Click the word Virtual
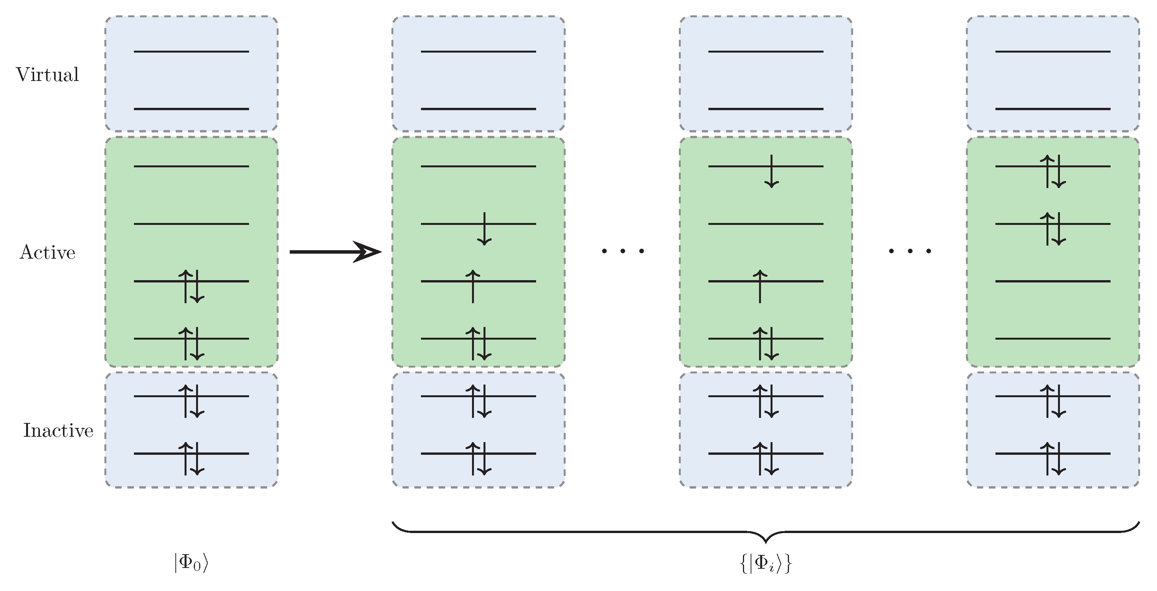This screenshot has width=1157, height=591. (47, 74)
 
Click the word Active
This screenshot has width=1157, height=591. (47, 253)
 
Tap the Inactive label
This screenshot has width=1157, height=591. (58, 430)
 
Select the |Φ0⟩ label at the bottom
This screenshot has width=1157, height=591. (191, 563)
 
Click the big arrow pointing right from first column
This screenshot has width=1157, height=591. (335, 251)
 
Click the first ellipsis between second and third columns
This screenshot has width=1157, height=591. (623, 251)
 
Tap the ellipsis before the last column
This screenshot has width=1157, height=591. (910, 251)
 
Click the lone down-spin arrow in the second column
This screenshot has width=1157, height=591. (484, 229)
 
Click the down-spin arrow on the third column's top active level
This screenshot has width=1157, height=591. (772, 172)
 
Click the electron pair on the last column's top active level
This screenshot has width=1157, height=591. (1053, 172)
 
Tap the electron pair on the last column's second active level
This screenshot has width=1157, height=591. (1053, 229)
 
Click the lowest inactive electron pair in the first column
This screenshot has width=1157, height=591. (191, 459)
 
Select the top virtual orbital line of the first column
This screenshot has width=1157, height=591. (191, 52)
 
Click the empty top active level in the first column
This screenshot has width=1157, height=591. (191, 167)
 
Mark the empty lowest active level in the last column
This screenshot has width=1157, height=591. (1053, 338)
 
